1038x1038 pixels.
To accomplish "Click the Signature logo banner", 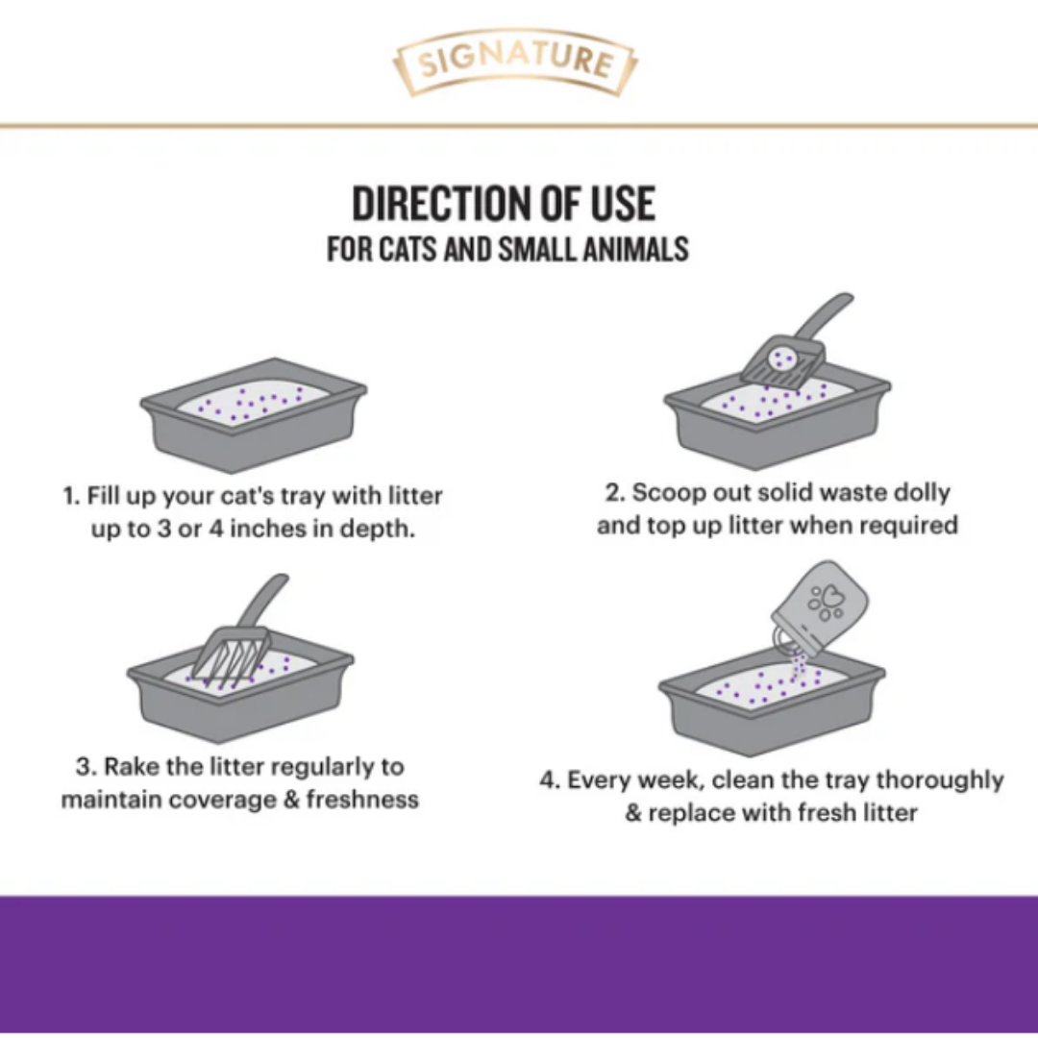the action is click(515, 62).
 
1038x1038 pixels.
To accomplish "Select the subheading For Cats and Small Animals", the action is click(507, 250).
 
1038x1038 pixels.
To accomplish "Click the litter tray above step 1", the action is click(253, 414).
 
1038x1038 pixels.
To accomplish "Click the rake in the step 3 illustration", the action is click(241, 635).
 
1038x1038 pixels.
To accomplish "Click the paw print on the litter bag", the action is click(827, 602).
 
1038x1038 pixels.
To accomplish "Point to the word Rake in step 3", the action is click(133, 767).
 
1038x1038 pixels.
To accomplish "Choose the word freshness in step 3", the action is click(362, 800).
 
